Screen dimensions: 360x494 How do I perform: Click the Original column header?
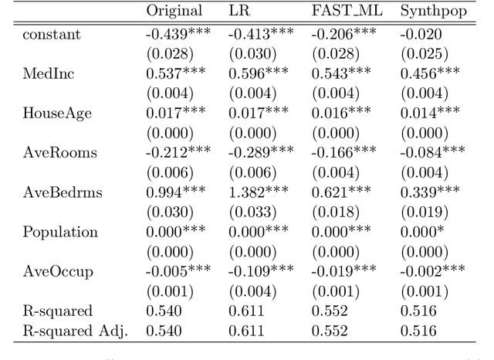[x=174, y=11]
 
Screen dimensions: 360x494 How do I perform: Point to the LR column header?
[x=239, y=11]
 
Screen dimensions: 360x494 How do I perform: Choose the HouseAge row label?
[x=56, y=113]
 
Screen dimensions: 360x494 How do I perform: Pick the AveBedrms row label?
[x=61, y=192]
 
